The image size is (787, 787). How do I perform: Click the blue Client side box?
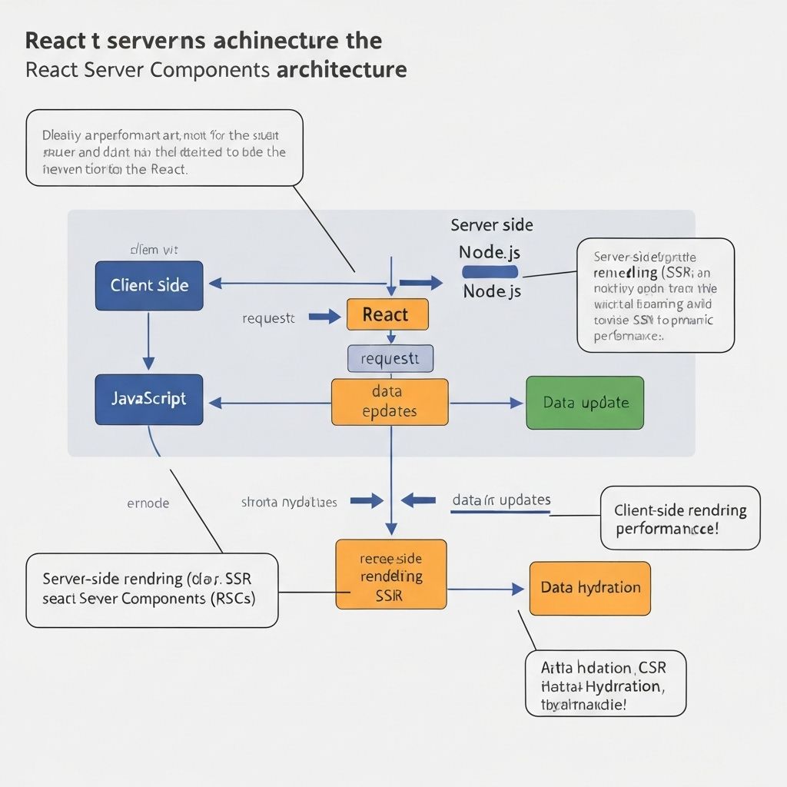[x=149, y=286]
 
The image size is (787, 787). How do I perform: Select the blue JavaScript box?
[x=149, y=400]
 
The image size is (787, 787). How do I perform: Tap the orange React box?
[x=387, y=314]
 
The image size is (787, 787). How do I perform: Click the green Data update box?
[x=585, y=403]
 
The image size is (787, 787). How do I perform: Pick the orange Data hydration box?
[x=589, y=588]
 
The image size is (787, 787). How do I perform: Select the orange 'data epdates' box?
[x=390, y=402]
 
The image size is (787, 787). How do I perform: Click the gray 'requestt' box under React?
[x=390, y=359]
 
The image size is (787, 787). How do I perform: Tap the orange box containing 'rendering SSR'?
[x=390, y=575]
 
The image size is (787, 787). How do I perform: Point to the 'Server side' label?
[x=492, y=225]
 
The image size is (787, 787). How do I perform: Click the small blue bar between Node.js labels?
[x=490, y=272]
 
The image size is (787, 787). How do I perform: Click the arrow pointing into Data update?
[x=486, y=403]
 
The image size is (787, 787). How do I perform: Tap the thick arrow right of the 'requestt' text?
[x=324, y=316]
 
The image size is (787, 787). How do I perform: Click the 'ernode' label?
[x=148, y=503]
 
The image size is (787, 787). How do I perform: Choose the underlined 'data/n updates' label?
[x=501, y=500]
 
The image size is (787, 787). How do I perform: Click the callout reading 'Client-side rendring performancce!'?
[x=679, y=518]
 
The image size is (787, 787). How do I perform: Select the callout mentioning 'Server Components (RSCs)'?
[x=151, y=589]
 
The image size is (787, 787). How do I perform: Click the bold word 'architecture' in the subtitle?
[x=340, y=70]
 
